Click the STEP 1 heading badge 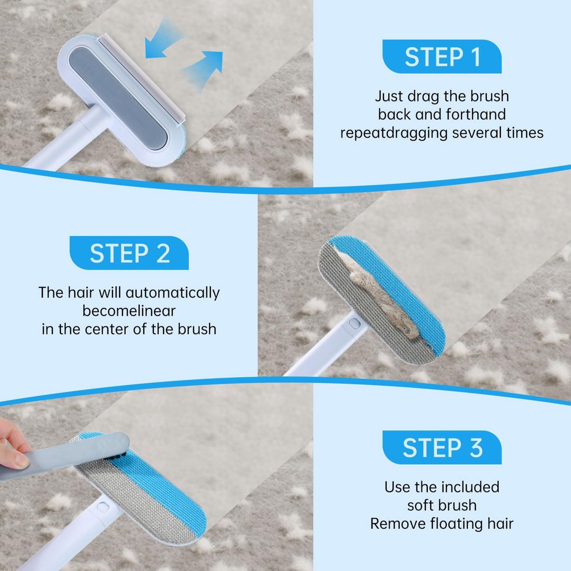point(442,57)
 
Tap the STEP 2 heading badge point(129,253)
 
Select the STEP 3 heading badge point(442,447)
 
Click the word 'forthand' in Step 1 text point(475,114)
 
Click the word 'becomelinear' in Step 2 point(129,311)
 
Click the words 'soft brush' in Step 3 point(442,505)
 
